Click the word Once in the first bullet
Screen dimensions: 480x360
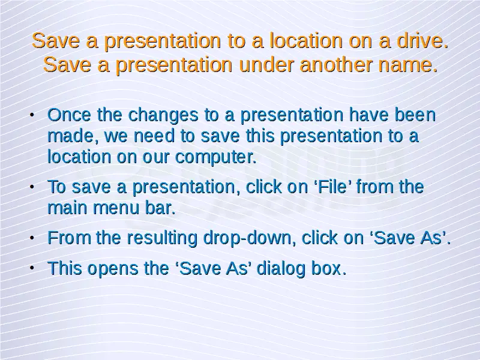(70, 115)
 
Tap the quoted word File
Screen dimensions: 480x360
(333, 187)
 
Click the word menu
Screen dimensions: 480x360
(116, 208)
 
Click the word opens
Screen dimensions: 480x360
(113, 269)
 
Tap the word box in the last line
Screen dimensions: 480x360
(326, 268)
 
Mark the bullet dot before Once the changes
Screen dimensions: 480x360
(32, 115)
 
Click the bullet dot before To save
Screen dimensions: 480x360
(32, 187)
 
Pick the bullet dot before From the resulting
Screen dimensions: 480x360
(32, 238)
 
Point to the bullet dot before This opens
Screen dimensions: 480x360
(32, 268)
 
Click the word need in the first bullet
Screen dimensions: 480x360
(154, 136)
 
